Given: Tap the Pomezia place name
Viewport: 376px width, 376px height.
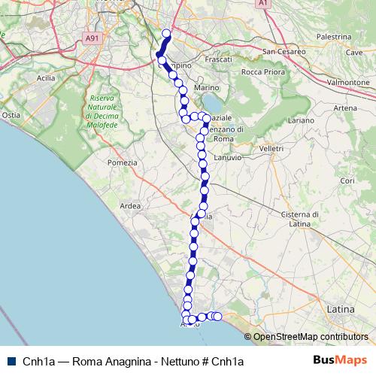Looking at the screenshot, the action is (x=123, y=162).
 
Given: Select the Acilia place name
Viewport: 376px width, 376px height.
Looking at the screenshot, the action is (x=45, y=77).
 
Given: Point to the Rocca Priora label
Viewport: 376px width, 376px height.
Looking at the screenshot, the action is (x=261, y=72).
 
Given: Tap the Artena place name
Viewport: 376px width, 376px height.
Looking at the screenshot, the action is (x=345, y=108).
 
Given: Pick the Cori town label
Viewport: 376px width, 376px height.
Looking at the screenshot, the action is (x=347, y=180).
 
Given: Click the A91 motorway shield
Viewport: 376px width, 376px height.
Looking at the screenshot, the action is (x=92, y=38).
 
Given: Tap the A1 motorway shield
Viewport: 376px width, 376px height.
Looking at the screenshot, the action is (x=263, y=4).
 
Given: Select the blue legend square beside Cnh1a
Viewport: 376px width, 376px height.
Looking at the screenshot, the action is (x=11, y=361).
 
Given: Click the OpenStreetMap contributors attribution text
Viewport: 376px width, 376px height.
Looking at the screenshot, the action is (x=310, y=337).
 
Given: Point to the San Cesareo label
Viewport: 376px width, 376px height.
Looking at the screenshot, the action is (x=284, y=51).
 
